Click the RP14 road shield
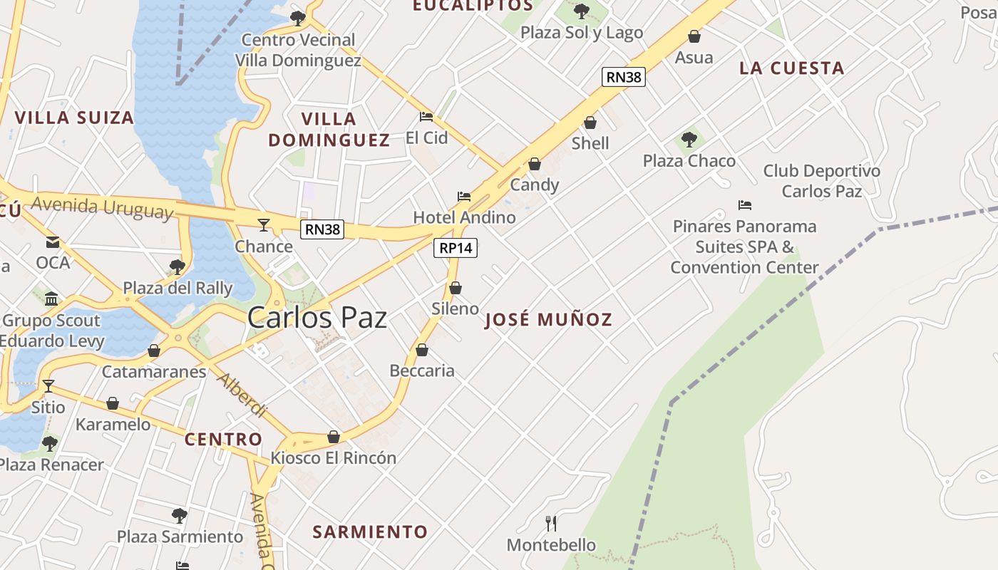(456, 248)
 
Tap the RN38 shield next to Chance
(322, 229)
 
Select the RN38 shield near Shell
(623, 77)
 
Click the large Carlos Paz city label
(317, 318)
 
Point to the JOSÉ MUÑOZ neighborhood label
(548, 319)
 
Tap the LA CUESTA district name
(791, 68)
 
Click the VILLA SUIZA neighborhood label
(74, 118)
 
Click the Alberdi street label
(242, 394)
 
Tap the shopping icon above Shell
(590, 123)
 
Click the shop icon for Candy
(535, 165)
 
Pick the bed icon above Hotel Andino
(464, 197)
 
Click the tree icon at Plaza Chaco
(689, 139)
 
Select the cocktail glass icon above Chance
(264, 225)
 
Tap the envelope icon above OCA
(53, 242)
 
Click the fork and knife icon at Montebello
(551, 524)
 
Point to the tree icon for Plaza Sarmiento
(180, 515)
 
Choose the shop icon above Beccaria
(422, 350)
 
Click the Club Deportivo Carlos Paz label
(821, 181)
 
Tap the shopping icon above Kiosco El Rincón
(334, 437)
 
